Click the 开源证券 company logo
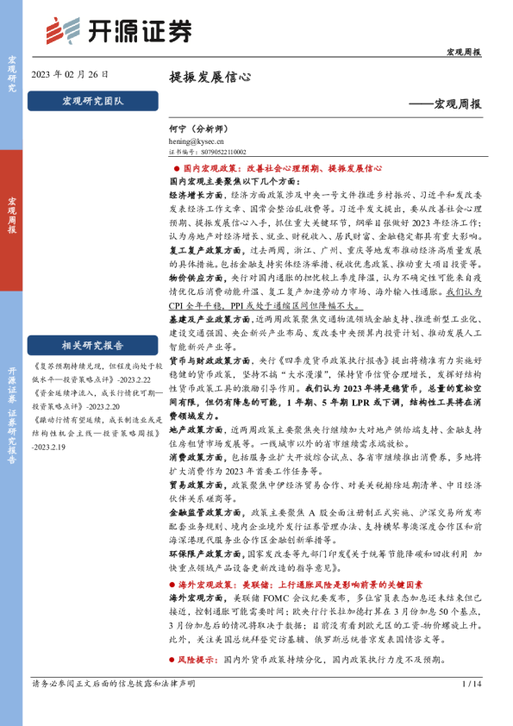(119, 29)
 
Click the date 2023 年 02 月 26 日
(70, 75)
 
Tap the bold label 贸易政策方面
(193, 485)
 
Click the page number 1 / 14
(470, 709)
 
